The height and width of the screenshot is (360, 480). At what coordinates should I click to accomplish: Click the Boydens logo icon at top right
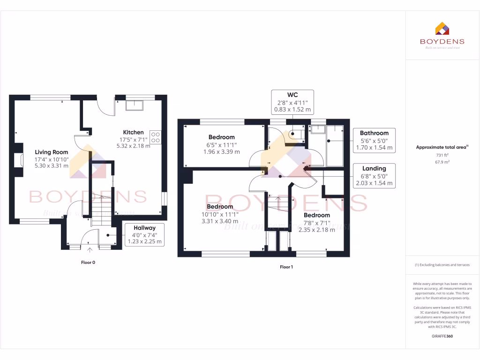click(x=442, y=29)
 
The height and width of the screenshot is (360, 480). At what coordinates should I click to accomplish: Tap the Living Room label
click(x=52, y=152)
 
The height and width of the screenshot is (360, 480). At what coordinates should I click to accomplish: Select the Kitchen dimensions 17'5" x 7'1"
click(x=133, y=139)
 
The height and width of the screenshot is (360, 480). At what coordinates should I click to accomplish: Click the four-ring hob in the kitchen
click(x=156, y=136)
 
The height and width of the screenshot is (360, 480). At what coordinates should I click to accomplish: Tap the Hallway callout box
click(x=144, y=235)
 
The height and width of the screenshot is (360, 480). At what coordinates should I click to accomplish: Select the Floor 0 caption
click(x=88, y=262)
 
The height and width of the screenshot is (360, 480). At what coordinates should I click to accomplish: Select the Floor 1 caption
click(x=286, y=267)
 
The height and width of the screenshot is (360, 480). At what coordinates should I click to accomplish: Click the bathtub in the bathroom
click(x=335, y=146)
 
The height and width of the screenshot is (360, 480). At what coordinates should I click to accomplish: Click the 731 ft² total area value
click(x=442, y=155)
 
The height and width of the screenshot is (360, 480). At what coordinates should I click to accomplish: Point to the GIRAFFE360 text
click(x=442, y=336)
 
